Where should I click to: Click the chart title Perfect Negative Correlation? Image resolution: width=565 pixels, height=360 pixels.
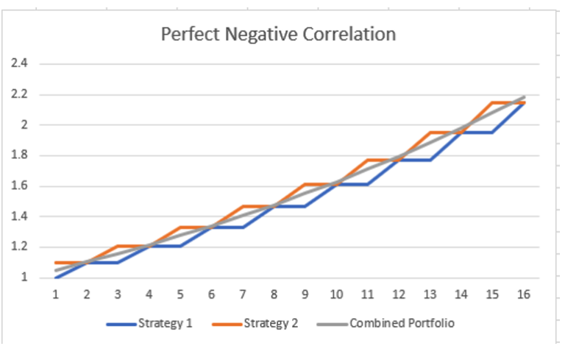[x=278, y=35]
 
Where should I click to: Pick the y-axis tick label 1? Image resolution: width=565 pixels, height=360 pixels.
[x=24, y=278]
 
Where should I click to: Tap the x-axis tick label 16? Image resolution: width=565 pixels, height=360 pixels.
[x=524, y=294]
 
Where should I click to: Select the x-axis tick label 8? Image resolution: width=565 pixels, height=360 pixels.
[x=274, y=294]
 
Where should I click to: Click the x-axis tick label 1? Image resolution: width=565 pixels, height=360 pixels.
[x=55, y=294]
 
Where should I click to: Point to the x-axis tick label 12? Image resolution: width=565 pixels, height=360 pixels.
[x=399, y=294]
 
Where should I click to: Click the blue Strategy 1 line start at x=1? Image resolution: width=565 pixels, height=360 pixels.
[x=56, y=278]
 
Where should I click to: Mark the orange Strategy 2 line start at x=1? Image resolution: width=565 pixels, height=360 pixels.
[x=56, y=263]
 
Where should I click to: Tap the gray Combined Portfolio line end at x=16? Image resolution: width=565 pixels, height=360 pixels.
[x=524, y=96]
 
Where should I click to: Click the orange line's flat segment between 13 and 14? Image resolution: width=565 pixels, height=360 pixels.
[x=446, y=133]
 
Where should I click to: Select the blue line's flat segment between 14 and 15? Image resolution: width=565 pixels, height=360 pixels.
[x=477, y=133]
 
